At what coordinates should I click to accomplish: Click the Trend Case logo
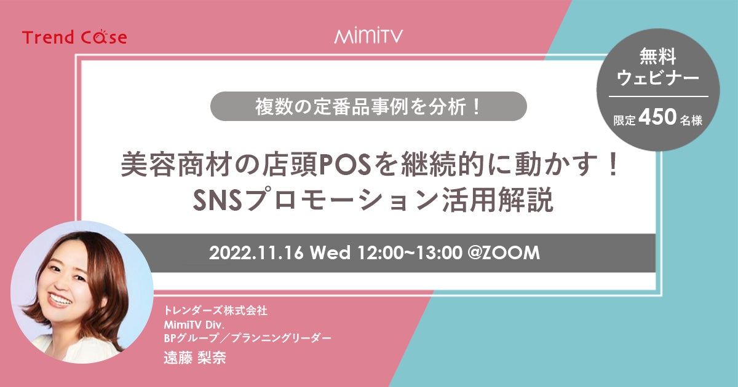74,37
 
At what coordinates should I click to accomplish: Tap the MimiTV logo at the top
368,36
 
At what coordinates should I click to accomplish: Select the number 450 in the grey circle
657,117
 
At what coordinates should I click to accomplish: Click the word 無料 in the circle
658,57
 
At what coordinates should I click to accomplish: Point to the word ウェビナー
657,79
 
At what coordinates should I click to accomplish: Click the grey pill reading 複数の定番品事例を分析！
368,106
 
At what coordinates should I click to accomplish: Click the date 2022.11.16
256,253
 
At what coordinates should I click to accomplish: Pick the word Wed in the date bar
330,253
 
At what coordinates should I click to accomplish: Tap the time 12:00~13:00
410,253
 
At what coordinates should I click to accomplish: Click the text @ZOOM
504,253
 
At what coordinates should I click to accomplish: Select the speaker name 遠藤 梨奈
195,358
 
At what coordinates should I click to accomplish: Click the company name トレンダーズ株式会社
215,311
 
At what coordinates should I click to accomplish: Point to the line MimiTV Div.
194,325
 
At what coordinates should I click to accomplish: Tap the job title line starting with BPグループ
247,338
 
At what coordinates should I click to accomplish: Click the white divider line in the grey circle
658,96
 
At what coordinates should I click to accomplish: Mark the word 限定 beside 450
624,120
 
